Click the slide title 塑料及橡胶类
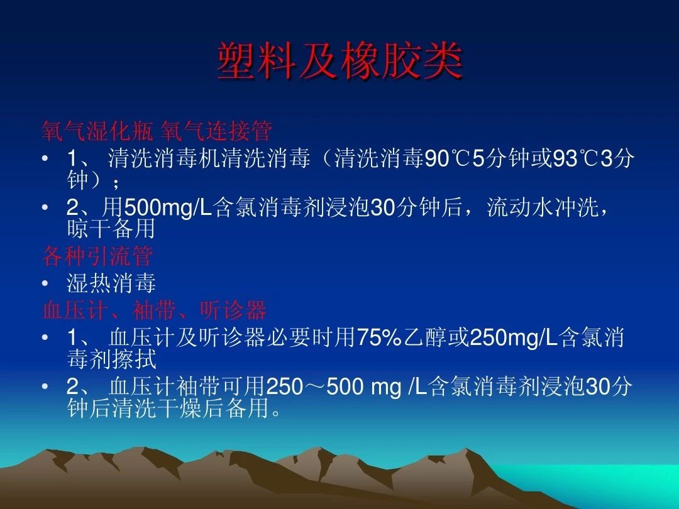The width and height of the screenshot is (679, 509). coord(339,62)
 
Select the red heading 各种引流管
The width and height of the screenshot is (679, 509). coord(97,256)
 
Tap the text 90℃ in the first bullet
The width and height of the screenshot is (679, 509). coord(448,159)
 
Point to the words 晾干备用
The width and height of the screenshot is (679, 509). coord(111,230)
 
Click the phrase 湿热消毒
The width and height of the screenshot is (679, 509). coord(111,284)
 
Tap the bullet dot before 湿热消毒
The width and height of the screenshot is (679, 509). coord(45,284)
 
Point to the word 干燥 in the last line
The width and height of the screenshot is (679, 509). coord(188,409)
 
